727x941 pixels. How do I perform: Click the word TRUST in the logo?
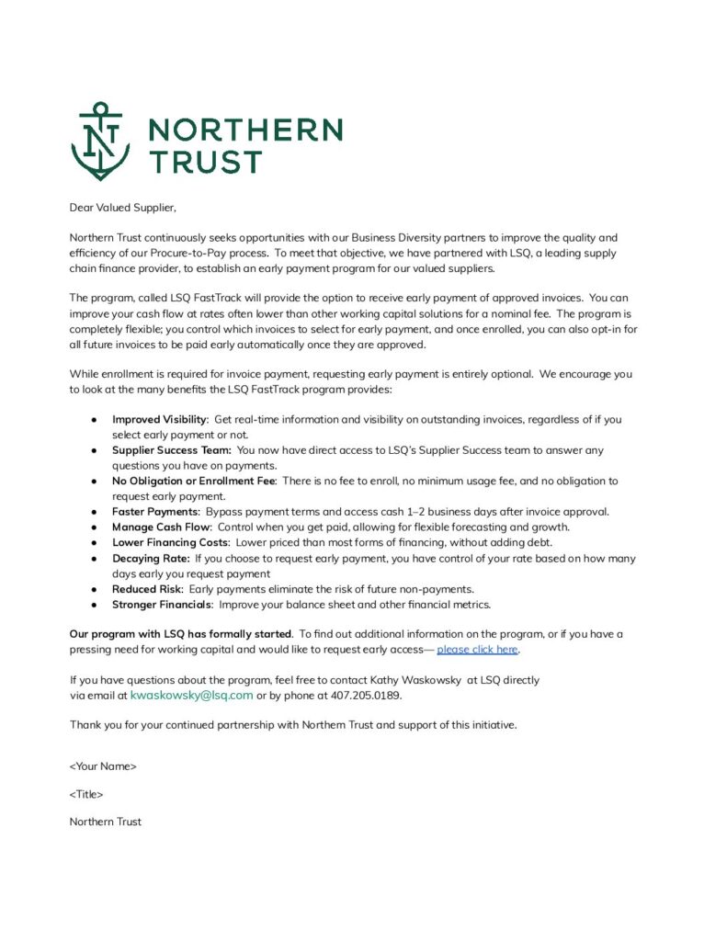(205, 162)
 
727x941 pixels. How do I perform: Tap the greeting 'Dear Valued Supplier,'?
(121, 208)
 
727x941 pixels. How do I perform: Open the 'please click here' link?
(477, 650)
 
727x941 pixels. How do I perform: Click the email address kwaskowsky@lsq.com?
(191, 696)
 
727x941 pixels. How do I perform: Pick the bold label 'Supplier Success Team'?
(171, 450)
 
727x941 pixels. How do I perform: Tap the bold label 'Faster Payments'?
(154, 512)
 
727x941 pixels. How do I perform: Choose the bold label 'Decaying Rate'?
(150, 559)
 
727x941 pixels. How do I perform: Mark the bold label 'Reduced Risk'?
(147, 589)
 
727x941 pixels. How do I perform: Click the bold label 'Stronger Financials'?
(162, 605)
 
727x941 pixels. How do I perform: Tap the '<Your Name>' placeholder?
(103, 765)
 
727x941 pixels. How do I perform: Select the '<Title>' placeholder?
(86, 794)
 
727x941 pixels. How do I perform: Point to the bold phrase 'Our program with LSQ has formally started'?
(181, 634)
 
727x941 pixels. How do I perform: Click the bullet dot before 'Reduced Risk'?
(94, 589)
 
